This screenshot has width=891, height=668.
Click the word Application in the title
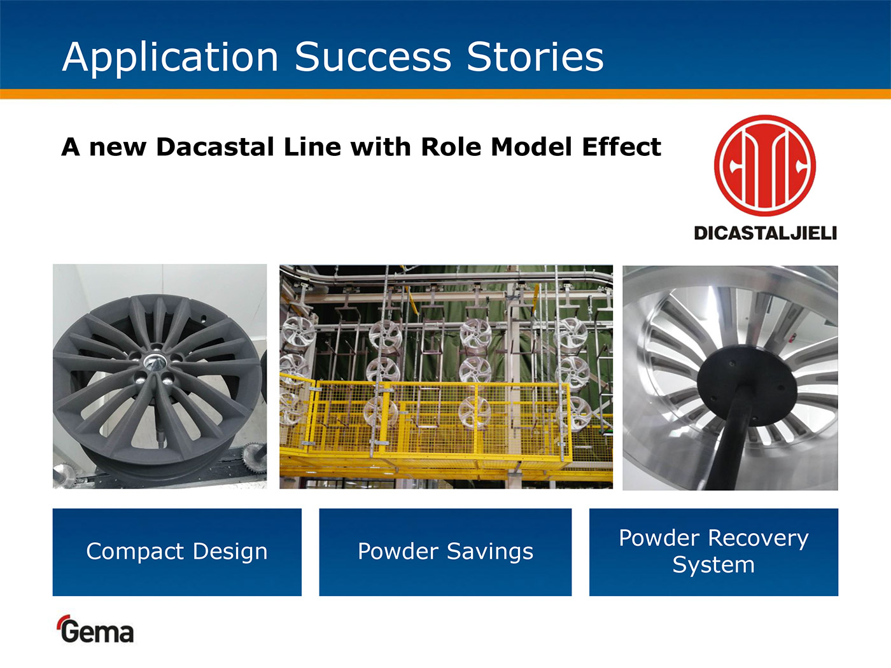pos(171,59)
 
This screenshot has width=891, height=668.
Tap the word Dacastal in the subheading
pos(215,146)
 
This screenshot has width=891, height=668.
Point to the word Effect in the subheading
pos(621,146)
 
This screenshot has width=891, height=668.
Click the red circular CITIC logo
pos(765,165)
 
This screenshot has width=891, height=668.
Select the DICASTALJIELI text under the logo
pos(765,233)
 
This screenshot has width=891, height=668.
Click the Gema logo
pos(95,629)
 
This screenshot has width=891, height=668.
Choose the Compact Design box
pos(177,552)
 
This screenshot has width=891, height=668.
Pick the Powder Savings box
pos(445,552)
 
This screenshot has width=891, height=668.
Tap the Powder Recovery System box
pos(713,552)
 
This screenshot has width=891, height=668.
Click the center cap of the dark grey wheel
pos(155,362)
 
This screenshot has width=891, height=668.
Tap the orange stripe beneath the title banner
pos(445,94)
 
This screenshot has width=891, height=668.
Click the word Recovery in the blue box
pos(758,539)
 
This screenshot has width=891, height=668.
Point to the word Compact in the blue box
pos(135,552)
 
